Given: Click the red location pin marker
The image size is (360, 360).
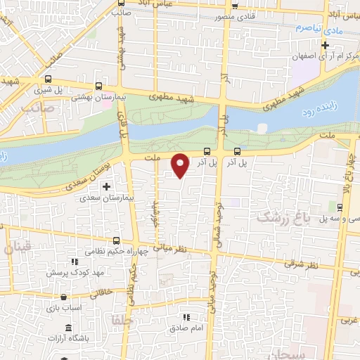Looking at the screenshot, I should click(x=181, y=165).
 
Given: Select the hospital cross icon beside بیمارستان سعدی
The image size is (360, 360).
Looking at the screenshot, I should click(x=106, y=187).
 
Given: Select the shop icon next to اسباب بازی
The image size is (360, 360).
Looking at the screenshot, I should click(x=64, y=297).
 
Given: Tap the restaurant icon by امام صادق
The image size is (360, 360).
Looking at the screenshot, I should click(x=186, y=317).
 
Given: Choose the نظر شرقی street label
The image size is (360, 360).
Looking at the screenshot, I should click(x=301, y=264).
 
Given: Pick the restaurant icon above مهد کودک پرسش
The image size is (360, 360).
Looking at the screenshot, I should click(x=75, y=261).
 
